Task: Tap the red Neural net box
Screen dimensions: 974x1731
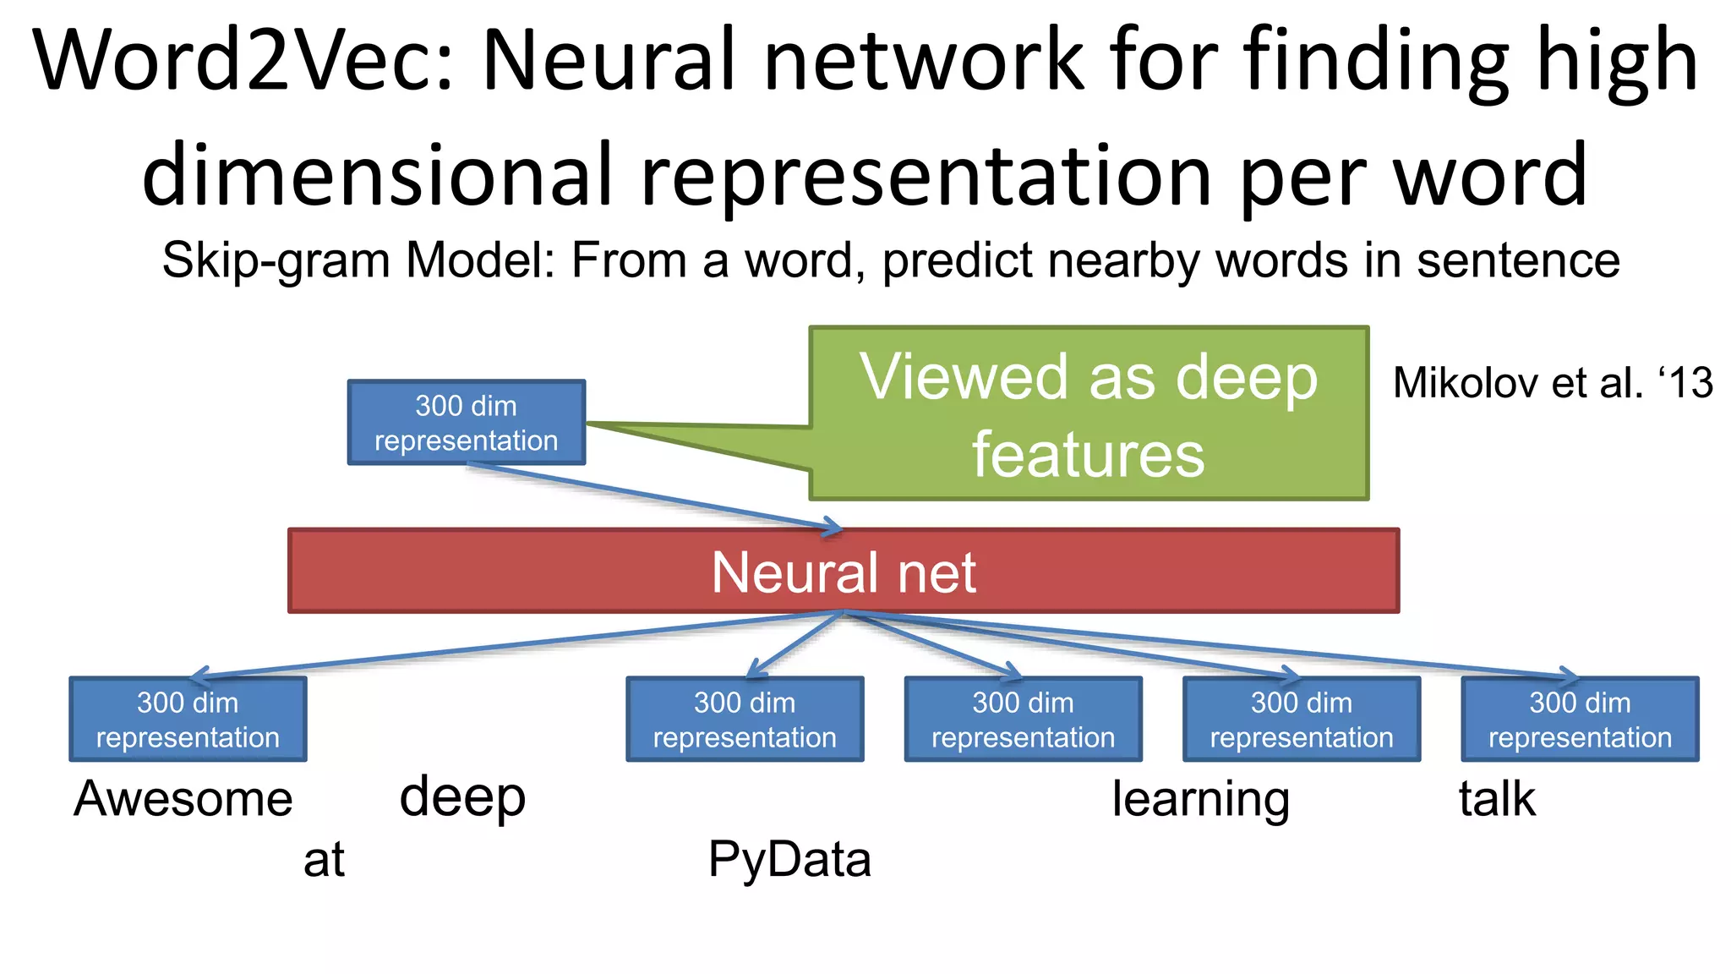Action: (x=844, y=572)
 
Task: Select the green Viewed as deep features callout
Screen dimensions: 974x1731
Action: (x=1089, y=414)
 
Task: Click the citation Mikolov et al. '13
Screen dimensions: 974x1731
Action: (x=1553, y=383)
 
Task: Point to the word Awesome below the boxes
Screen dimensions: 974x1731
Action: (x=183, y=799)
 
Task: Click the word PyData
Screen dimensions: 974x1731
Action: (x=789, y=860)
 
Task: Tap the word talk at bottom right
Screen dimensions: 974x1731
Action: (x=1497, y=799)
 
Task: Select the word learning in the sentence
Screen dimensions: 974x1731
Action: (x=1200, y=799)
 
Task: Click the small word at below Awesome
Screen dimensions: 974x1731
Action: (x=324, y=860)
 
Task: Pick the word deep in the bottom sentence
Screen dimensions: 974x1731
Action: (x=462, y=797)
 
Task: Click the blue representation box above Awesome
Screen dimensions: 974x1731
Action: (x=188, y=720)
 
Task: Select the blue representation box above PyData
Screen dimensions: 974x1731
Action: (x=745, y=720)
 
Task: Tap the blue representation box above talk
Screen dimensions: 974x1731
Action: (x=1580, y=720)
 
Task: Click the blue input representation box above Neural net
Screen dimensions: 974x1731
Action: (x=466, y=423)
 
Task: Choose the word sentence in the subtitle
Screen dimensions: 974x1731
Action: (x=1518, y=260)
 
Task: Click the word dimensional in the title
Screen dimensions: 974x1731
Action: (x=376, y=175)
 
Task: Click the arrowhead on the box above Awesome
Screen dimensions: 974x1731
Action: (x=199, y=676)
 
